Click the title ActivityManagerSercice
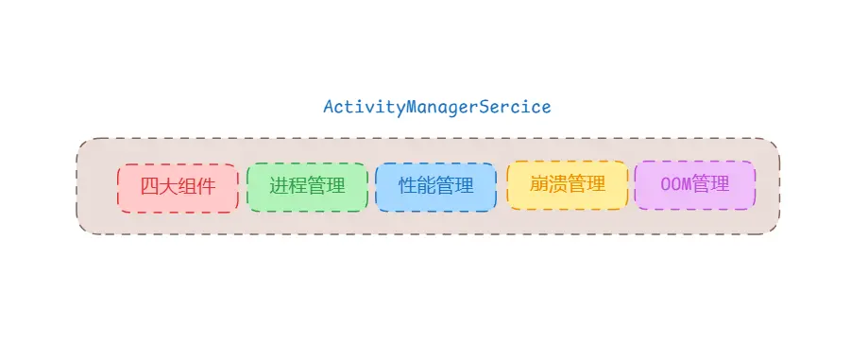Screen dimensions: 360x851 tap(436, 107)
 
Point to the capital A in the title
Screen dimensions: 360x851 tap(329, 107)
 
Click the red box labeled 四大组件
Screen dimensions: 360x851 tap(178, 187)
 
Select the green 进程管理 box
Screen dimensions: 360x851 tap(307, 187)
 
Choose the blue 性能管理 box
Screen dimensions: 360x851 tap(435, 187)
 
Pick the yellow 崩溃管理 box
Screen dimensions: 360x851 tap(567, 185)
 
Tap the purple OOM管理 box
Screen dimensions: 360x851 tap(694, 185)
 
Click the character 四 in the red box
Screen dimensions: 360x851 tap(149, 186)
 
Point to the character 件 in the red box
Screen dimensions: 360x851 tap(206, 186)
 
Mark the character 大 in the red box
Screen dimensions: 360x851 tap(168, 186)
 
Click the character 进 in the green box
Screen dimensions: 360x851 tap(279, 186)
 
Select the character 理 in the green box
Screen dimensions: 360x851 tap(335, 186)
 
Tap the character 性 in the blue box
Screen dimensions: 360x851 tap(407, 186)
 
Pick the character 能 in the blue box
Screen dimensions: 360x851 tap(426, 186)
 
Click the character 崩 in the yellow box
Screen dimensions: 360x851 tap(538, 184)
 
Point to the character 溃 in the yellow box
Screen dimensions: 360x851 tap(557, 184)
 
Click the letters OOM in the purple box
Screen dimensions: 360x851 tap(675, 184)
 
